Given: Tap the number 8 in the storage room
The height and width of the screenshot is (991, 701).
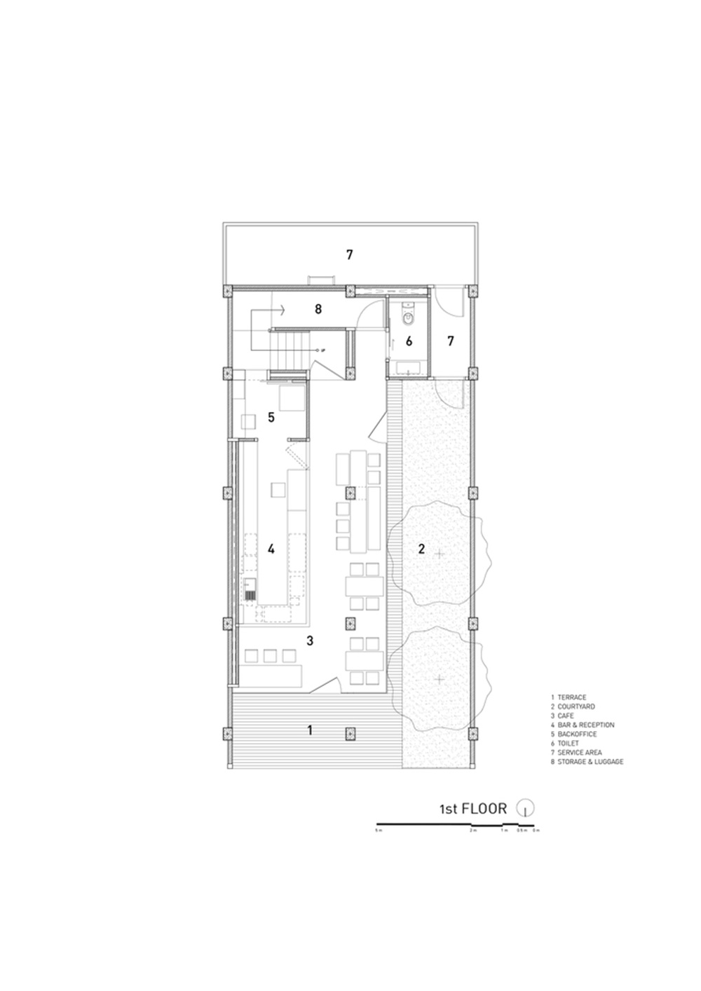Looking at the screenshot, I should (318, 308).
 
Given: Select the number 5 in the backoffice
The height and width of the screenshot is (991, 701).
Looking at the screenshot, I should (271, 417).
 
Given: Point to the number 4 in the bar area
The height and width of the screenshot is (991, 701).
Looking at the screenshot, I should (271, 549).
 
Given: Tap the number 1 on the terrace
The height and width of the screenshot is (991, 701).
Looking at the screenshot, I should (310, 730).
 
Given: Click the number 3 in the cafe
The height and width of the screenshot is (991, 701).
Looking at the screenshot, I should (310, 641).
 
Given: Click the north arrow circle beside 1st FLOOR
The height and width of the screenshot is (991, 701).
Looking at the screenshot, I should (525, 808).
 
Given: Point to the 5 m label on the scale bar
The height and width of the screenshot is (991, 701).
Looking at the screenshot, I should (379, 831).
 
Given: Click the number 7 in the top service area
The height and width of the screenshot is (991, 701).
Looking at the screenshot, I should (349, 255).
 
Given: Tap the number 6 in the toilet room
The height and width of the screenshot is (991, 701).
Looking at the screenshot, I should (409, 341).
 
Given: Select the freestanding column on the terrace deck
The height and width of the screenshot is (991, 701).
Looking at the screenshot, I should (348, 734).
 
